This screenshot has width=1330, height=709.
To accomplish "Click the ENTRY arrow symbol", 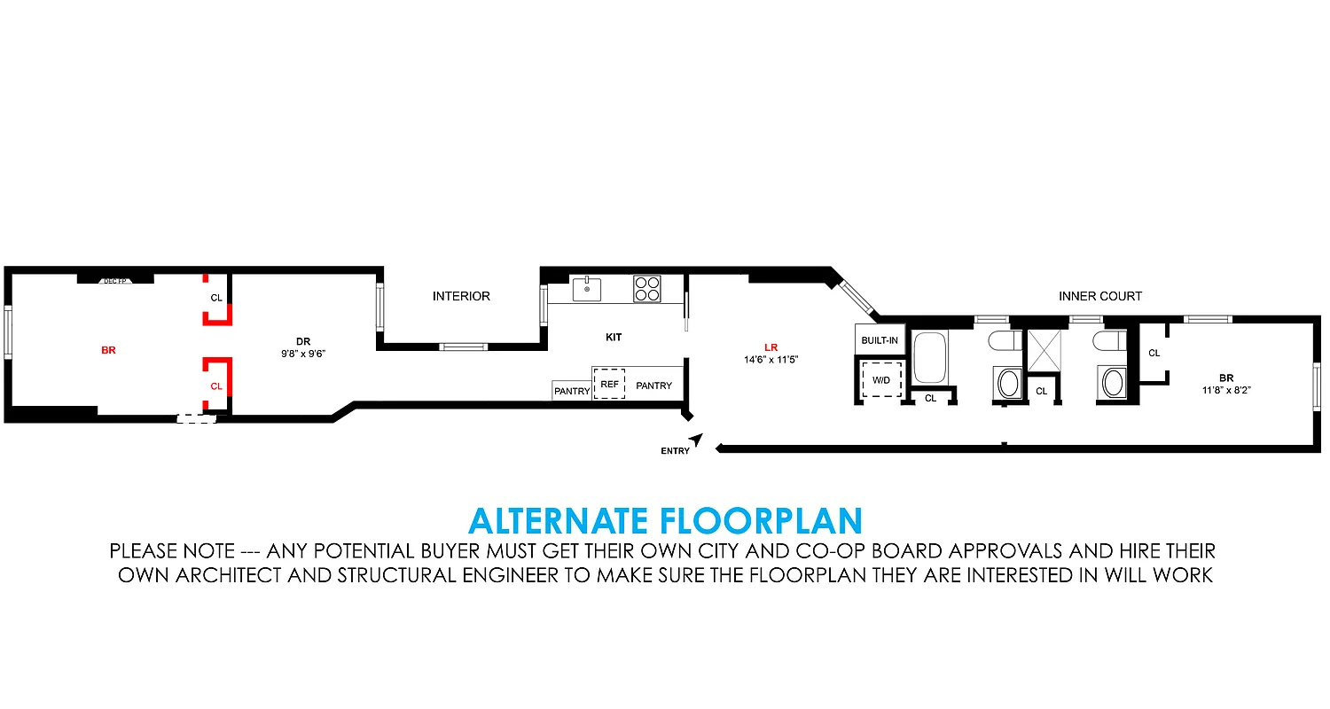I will [697, 439].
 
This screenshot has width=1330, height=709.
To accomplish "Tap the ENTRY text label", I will [675, 451].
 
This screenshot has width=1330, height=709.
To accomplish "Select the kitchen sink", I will [586, 289].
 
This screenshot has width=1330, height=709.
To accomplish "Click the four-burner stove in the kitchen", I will [646, 289].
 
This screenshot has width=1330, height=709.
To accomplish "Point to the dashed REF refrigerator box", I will [609, 384].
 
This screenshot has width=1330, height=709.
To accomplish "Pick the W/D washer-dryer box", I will [881, 380].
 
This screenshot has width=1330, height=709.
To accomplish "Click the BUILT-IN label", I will [880, 340].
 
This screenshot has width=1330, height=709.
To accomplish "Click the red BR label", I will [108, 351].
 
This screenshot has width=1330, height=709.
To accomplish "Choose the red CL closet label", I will [216, 386].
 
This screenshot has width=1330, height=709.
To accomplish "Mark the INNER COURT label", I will [1100, 296].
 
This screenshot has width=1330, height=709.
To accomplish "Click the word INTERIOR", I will [461, 296].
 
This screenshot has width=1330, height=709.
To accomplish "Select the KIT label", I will [614, 338].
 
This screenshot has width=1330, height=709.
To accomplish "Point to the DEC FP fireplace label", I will [115, 281].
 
